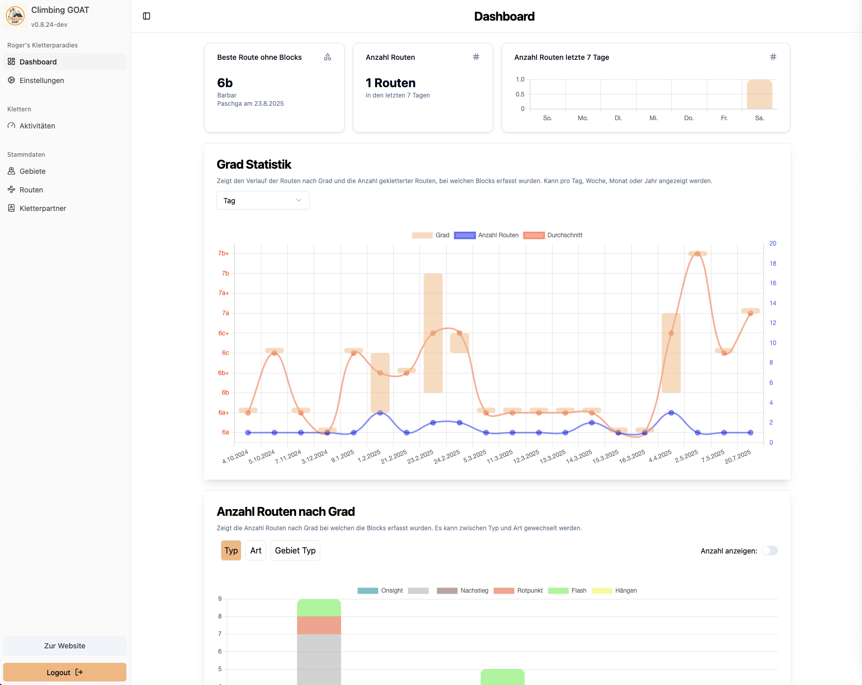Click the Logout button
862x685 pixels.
[64, 672]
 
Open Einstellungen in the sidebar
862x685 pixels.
[42, 80]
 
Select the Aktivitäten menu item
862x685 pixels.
[37, 126]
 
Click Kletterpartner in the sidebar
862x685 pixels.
[43, 208]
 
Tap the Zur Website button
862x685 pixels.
[64, 646]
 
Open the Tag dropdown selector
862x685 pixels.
[263, 201]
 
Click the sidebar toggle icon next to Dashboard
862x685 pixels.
[147, 16]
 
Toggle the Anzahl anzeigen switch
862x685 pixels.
[769, 550]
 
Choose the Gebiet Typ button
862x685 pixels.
[295, 550]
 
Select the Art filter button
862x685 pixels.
[256, 550]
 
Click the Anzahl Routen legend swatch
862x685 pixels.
[464, 235]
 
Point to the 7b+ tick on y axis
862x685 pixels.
[223, 253]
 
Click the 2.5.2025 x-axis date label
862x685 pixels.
[687, 456]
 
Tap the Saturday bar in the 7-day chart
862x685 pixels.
[759, 95]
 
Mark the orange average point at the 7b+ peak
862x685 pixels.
[697, 254]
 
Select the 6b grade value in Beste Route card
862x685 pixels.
[225, 83]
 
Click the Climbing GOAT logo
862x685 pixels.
[15, 17]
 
